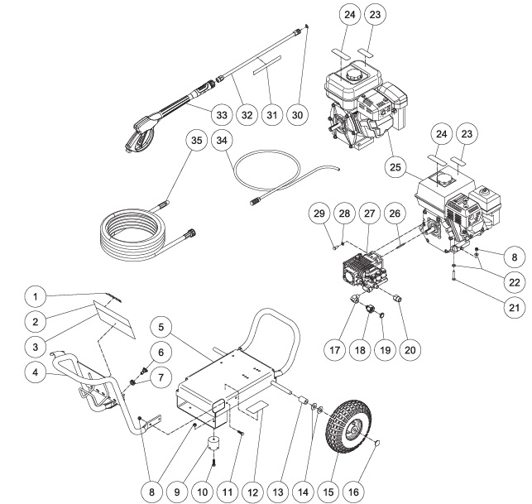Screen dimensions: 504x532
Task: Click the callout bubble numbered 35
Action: tap(195, 140)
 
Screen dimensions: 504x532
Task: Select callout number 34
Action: tap(221, 140)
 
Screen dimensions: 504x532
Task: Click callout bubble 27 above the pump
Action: tap(369, 213)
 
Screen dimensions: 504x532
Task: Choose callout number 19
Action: tap(382, 348)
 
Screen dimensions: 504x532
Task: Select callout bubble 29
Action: tap(317, 213)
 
